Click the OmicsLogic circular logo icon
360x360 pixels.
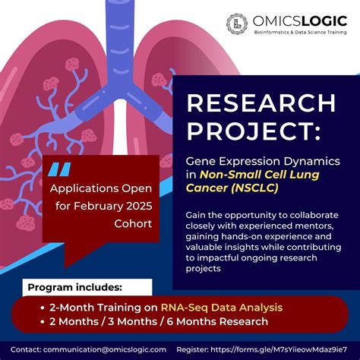coord(238,24)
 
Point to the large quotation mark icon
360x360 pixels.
coord(68,168)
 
